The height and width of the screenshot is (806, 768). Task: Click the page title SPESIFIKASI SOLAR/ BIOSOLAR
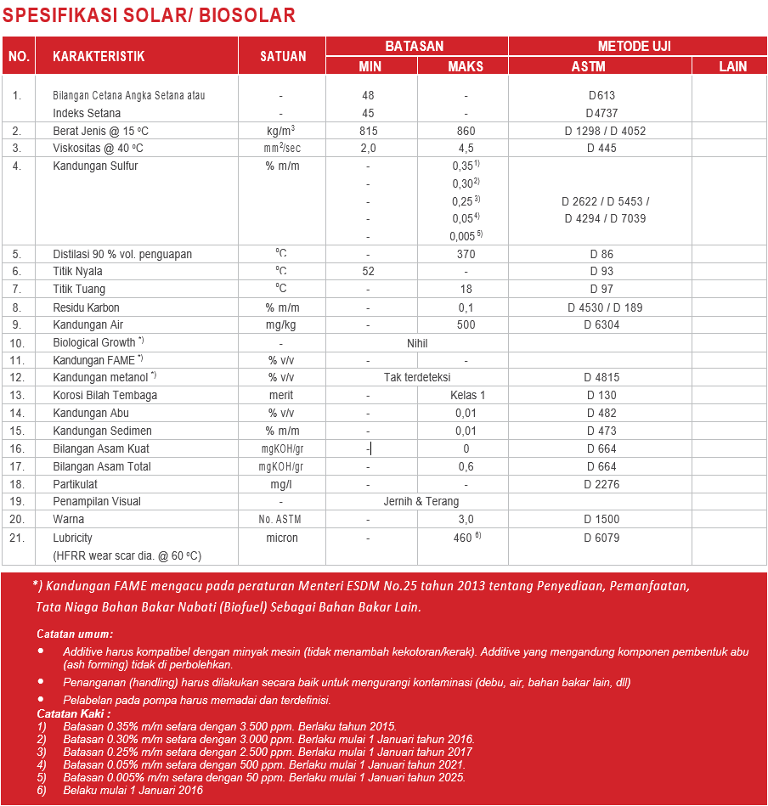tap(150, 15)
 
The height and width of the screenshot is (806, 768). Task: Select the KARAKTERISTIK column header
tap(99, 57)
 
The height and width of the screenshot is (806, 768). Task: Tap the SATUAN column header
tap(282, 57)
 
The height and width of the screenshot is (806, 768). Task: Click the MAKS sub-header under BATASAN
tap(465, 66)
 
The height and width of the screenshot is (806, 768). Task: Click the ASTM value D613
tap(601, 95)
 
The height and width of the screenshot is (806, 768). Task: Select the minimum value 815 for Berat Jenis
tap(368, 131)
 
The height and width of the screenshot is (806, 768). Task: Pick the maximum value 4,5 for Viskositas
tap(466, 148)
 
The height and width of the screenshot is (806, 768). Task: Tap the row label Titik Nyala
tap(77, 272)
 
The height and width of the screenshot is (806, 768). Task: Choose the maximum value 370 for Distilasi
tap(466, 254)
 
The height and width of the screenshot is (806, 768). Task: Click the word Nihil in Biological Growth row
tap(416, 343)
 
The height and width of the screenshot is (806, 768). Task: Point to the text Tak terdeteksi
tap(416, 377)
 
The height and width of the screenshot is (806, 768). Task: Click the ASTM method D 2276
tap(601, 484)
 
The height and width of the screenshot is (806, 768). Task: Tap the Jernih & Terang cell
tap(416, 501)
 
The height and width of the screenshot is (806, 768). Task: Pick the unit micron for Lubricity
tap(282, 538)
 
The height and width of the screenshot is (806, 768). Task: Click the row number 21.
tap(17, 538)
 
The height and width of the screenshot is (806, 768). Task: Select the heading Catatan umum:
tap(75, 634)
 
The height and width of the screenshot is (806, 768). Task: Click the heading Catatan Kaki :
tap(74, 713)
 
